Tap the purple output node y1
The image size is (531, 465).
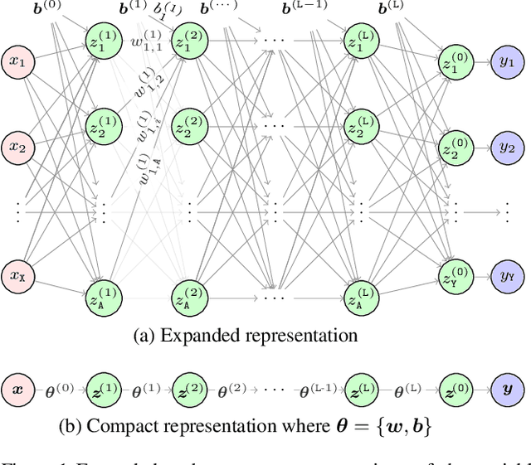[506, 62]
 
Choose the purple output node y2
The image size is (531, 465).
[506, 148]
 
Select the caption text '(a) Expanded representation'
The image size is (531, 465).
[246, 336]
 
